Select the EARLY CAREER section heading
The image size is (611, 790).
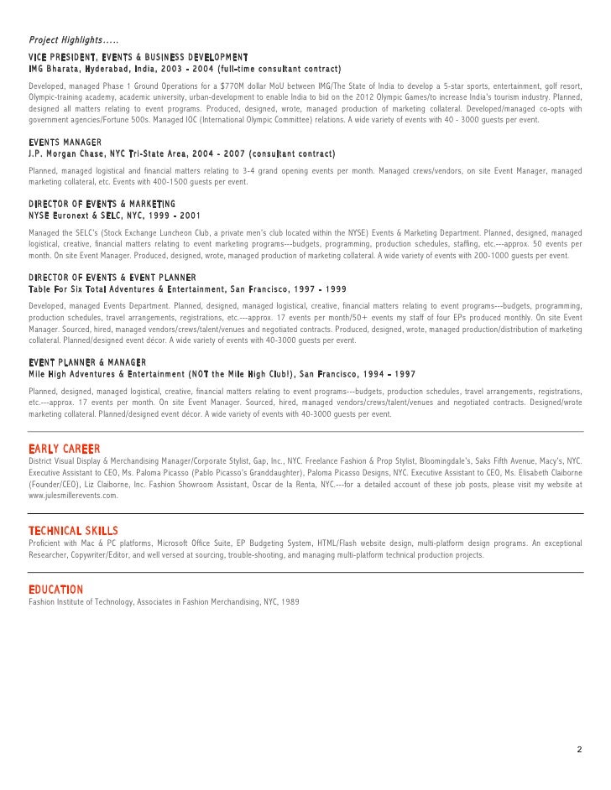click(64, 450)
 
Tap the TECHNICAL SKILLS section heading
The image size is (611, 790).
click(73, 531)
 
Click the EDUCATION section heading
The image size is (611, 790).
click(55, 590)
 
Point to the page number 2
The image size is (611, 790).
click(578, 749)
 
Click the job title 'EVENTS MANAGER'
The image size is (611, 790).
click(65, 143)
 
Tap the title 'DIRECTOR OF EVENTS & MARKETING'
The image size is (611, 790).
click(102, 204)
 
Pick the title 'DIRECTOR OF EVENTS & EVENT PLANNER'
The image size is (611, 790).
click(112, 277)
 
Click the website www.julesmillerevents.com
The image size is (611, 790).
click(73, 496)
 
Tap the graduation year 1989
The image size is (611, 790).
click(290, 602)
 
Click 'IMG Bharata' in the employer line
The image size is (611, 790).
click(55, 68)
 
